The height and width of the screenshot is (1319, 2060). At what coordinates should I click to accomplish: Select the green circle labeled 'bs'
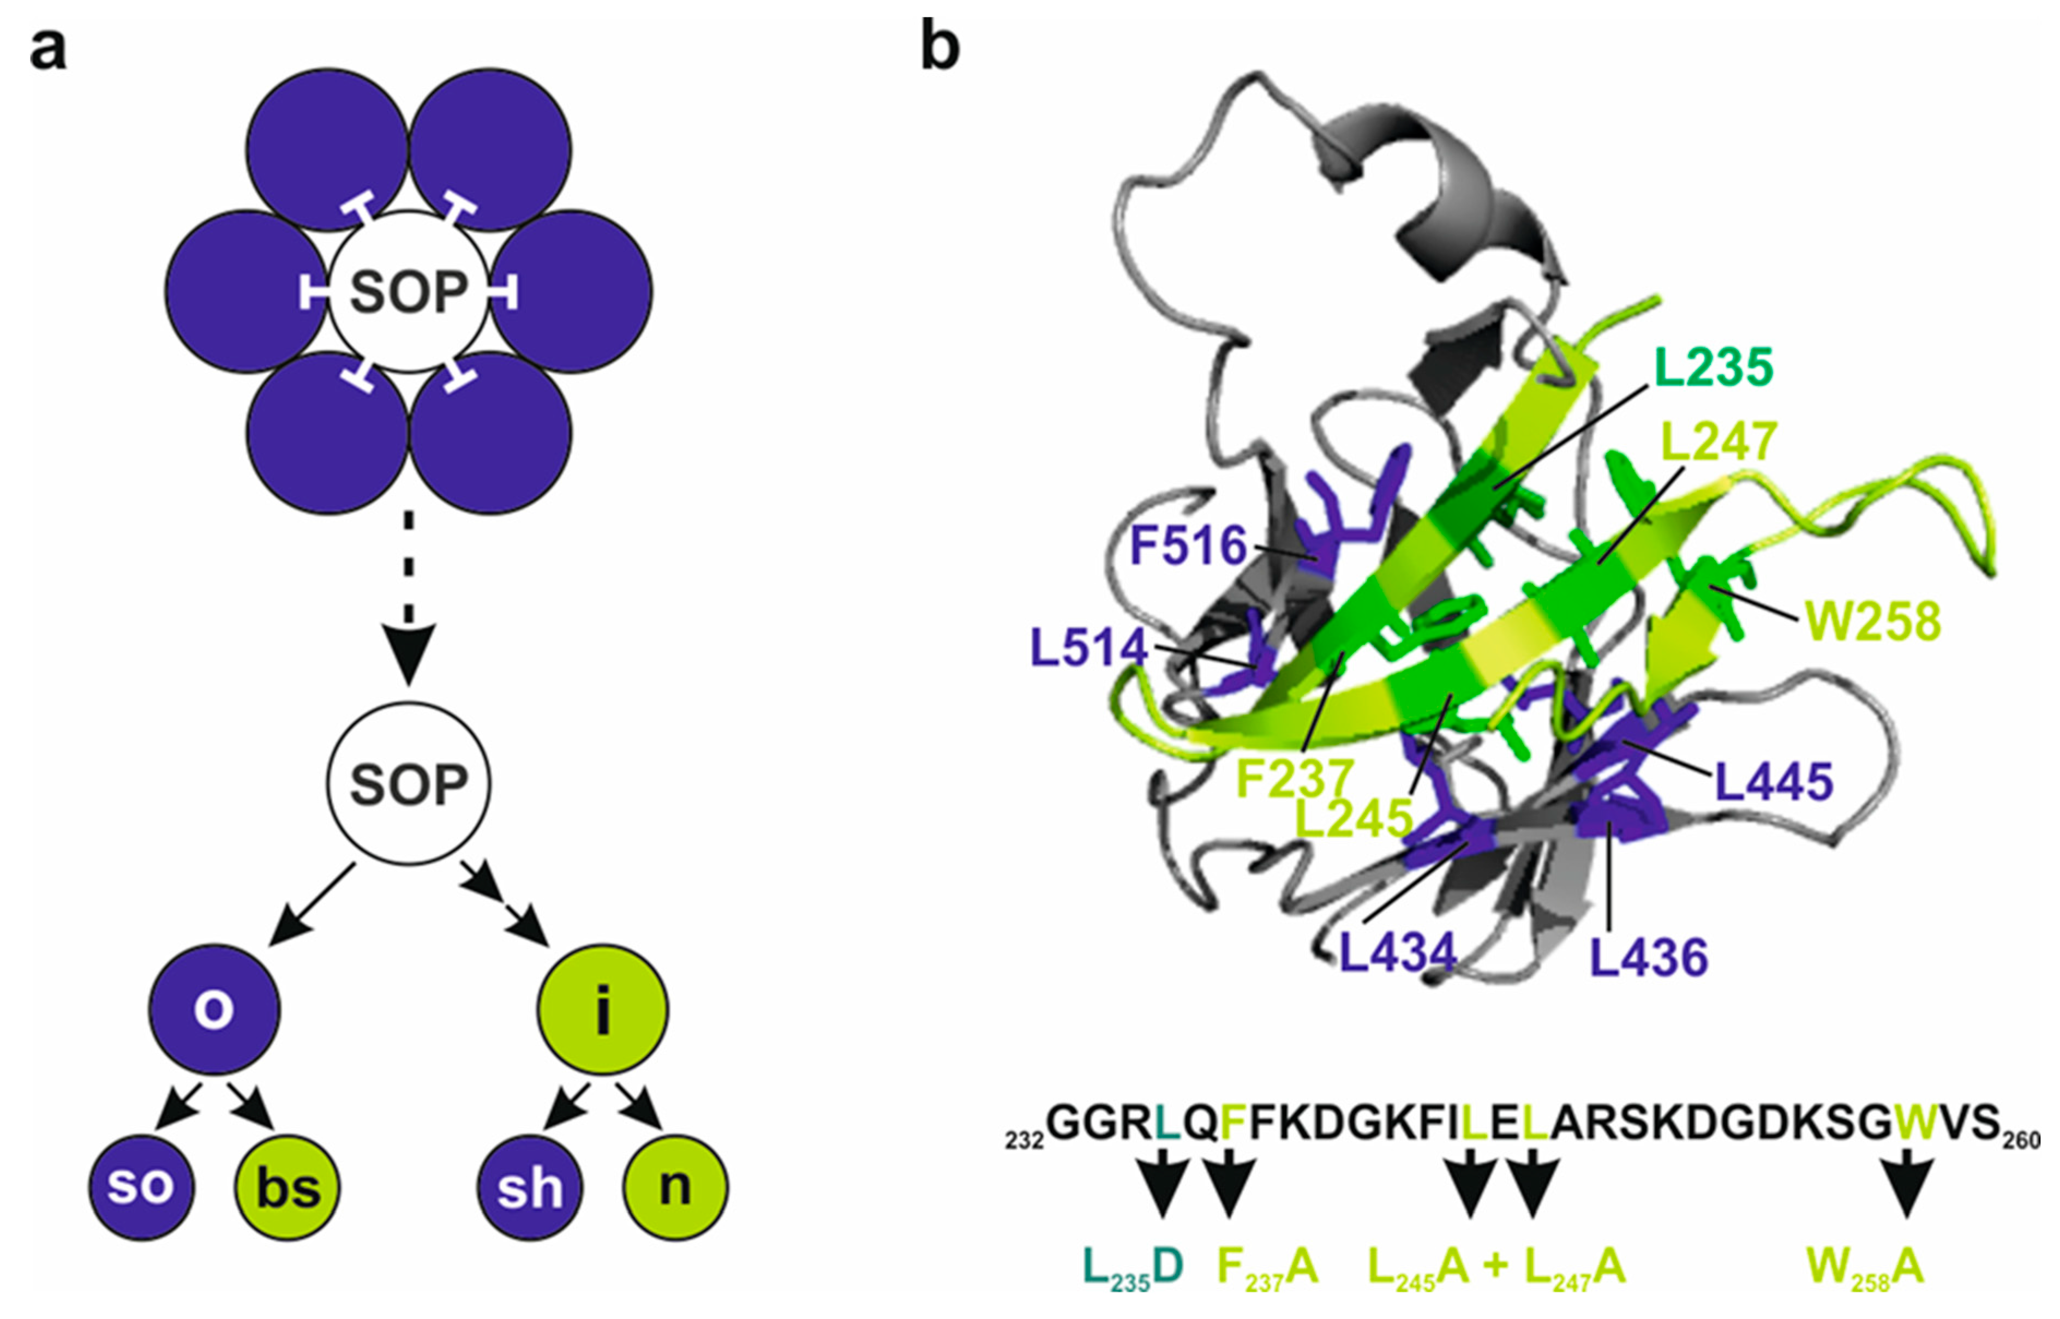[288, 1187]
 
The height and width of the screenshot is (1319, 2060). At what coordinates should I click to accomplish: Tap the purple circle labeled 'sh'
[529, 1187]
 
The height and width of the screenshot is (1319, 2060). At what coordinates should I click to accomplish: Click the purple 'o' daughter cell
[214, 1010]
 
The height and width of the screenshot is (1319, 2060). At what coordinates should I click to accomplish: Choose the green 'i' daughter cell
[603, 1010]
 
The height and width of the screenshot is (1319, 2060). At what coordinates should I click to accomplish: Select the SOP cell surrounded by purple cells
[409, 291]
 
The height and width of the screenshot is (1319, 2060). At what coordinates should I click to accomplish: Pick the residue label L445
[1773, 781]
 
